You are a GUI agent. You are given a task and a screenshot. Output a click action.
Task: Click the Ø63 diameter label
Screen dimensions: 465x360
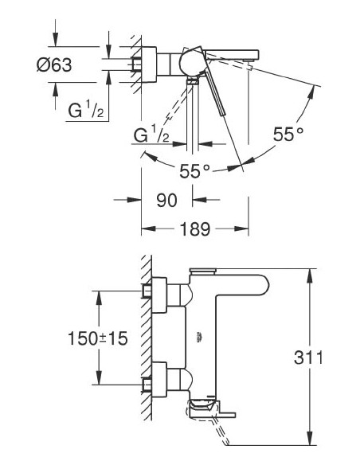click(x=53, y=65)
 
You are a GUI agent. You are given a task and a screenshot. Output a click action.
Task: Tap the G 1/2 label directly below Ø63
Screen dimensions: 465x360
click(x=84, y=111)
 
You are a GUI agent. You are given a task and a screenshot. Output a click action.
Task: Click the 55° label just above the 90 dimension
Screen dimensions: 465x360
click(x=194, y=170)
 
